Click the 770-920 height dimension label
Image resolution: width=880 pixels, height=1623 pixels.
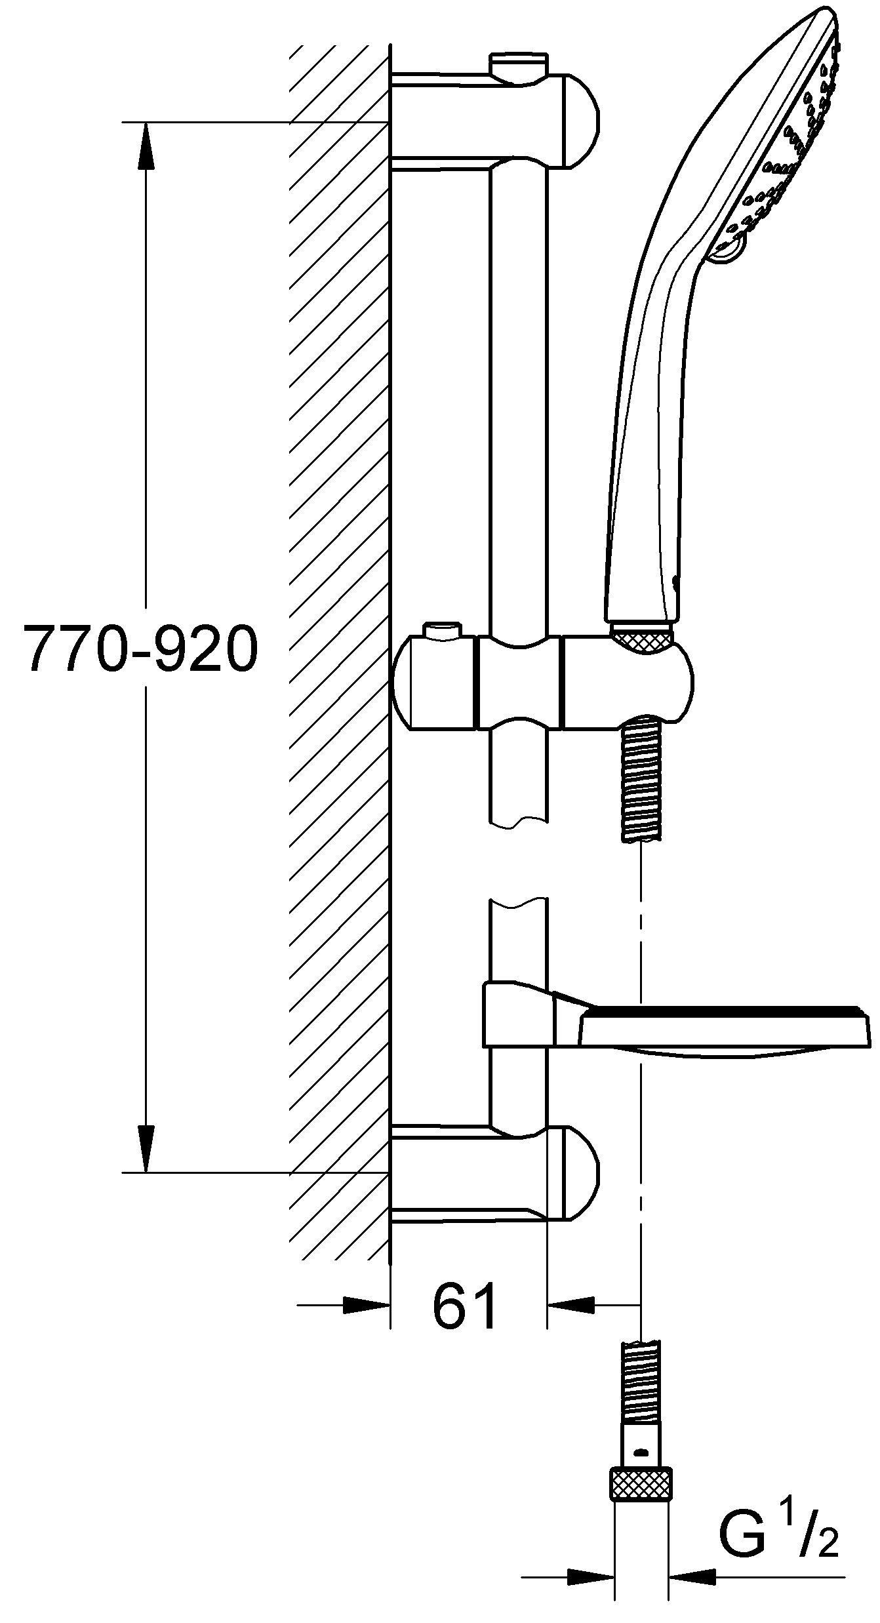(x=140, y=647)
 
